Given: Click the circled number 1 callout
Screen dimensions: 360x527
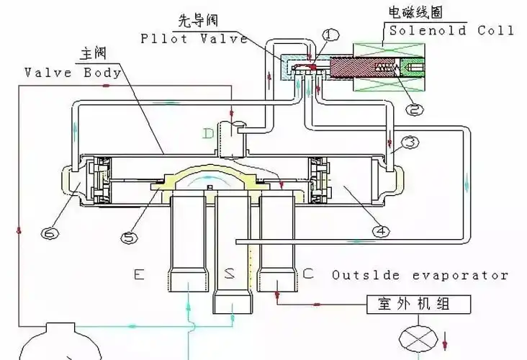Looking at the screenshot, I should (x=330, y=35).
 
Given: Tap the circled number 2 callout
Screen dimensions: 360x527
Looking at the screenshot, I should (x=413, y=109).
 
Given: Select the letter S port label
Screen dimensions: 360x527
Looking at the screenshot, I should (x=228, y=274).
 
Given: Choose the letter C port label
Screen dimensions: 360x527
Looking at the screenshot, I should (x=308, y=274).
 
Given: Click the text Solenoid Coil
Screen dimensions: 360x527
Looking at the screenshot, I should (x=451, y=30).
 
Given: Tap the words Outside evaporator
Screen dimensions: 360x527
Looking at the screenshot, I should (x=420, y=275).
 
